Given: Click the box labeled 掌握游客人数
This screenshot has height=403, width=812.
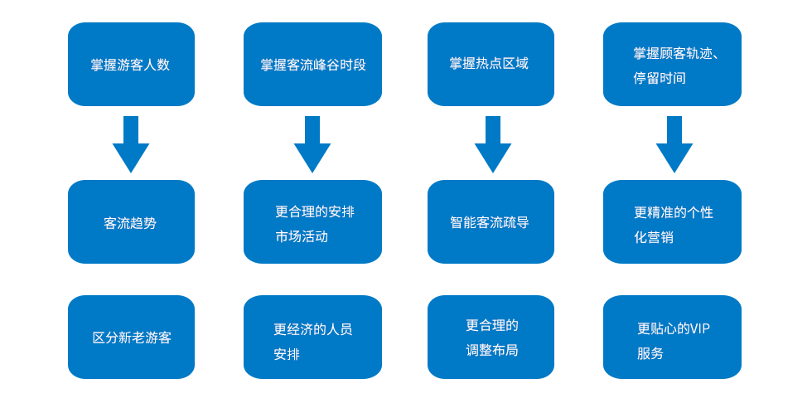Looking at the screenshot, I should pyautogui.click(x=131, y=65).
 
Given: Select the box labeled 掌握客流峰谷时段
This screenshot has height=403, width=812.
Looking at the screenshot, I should pyautogui.click(x=312, y=65).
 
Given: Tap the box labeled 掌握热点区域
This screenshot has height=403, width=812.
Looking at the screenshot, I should pyautogui.click(x=491, y=65).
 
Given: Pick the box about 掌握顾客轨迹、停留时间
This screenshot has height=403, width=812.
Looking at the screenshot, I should pyautogui.click(x=672, y=65).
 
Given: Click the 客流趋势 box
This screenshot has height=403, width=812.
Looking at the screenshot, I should pyautogui.click(x=131, y=222).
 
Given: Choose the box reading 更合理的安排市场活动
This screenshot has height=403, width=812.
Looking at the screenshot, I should pyautogui.click(x=312, y=222).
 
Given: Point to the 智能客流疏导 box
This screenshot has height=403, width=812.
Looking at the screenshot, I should pyautogui.click(x=491, y=222).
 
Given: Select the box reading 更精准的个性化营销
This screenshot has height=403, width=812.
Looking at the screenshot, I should pyautogui.click(x=672, y=222).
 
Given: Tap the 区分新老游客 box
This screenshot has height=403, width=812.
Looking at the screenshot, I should pyautogui.click(x=131, y=337).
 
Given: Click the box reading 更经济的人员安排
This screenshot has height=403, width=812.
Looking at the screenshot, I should pyautogui.click(x=312, y=337).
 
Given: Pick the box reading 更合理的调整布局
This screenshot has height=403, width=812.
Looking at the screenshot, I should pyautogui.click(x=491, y=337).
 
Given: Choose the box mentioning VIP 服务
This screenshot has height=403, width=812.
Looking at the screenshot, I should pyautogui.click(x=672, y=337).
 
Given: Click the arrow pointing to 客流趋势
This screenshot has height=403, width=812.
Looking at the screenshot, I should pyautogui.click(x=131, y=146).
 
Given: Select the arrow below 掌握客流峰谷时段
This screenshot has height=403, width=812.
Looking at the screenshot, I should pyautogui.click(x=312, y=146).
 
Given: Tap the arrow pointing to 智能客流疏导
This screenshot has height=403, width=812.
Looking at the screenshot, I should pyautogui.click(x=493, y=146).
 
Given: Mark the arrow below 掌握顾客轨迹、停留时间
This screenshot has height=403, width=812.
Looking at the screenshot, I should pyautogui.click(x=674, y=146).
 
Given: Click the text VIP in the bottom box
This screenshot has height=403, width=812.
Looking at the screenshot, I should pyautogui.click(x=699, y=329).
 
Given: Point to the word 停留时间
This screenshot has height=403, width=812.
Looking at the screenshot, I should pyautogui.click(x=660, y=79).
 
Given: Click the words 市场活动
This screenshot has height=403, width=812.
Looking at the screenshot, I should pyautogui.click(x=302, y=237).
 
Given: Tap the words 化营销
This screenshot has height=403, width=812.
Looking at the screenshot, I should pyautogui.click(x=654, y=237).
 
